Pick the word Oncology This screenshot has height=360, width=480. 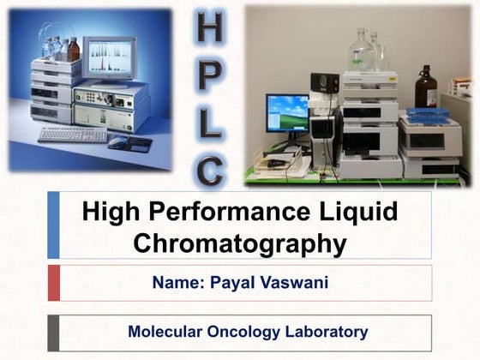[x=246, y=331]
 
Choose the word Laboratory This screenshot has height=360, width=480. [x=326, y=331]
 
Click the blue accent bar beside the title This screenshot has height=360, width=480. [x=54, y=225]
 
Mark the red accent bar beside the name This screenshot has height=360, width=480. [x=54, y=283]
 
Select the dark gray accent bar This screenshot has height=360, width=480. [x=54, y=333]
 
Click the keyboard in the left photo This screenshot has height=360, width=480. [x=72, y=135]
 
